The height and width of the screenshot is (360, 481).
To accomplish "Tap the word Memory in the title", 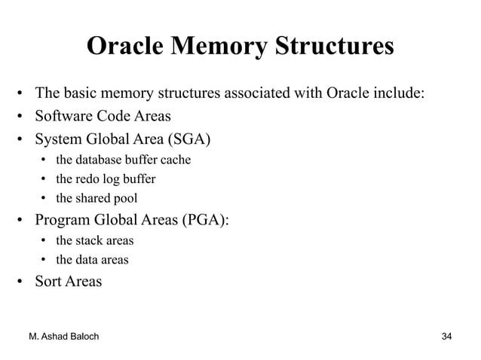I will click(219, 46).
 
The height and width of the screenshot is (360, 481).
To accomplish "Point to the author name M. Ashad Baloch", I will click(67, 335).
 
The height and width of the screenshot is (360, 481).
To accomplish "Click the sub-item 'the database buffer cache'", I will click(123, 160).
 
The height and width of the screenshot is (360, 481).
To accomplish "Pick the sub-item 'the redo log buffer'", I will click(106, 179).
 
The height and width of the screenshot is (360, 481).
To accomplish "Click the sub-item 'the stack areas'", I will click(95, 241).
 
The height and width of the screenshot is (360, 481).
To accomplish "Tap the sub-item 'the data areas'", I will click(92, 261).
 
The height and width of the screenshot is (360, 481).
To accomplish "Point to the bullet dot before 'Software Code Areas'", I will click(23, 117).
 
